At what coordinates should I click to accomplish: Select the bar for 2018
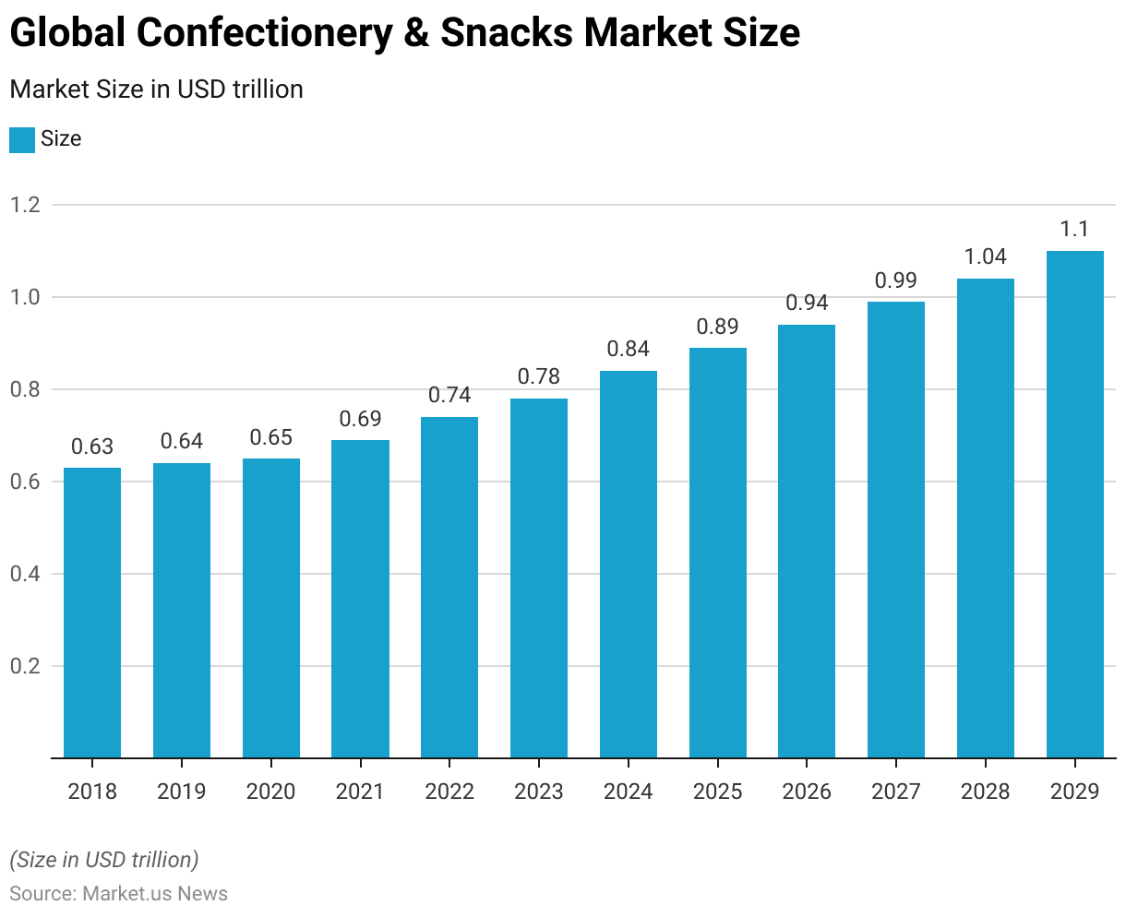click(92, 613)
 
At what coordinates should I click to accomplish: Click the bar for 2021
click(360, 599)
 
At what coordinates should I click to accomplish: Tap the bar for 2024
click(629, 564)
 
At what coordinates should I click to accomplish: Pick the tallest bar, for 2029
click(1075, 504)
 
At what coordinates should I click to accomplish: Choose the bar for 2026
click(807, 541)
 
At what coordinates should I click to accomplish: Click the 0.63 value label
click(92, 447)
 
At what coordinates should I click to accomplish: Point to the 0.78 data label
click(539, 377)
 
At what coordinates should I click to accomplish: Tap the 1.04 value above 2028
click(986, 257)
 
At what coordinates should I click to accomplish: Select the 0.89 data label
click(718, 327)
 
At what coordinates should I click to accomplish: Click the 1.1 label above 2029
click(1075, 230)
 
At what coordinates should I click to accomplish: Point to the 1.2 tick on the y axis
click(25, 205)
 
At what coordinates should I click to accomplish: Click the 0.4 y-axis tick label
click(25, 574)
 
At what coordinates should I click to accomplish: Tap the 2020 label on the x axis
click(271, 792)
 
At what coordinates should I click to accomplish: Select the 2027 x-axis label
click(896, 792)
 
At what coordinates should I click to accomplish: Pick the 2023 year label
click(539, 792)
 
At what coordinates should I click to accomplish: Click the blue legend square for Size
click(22, 140)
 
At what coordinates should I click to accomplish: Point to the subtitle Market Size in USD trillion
click(156, 89)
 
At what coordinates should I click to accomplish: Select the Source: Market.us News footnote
click(118, 894)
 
